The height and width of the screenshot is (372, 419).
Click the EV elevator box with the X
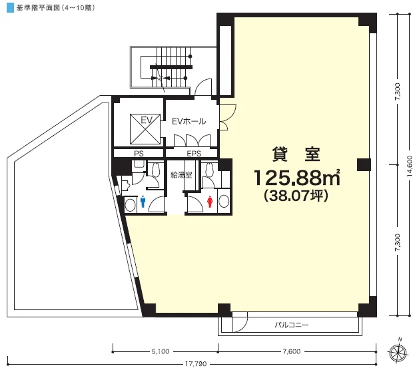click(145, 129)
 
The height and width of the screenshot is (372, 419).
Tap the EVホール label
click(189, 121)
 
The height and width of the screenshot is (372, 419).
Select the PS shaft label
click(139, 154)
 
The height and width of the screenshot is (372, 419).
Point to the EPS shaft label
click(194, 154)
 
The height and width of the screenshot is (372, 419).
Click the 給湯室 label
click(181, 175)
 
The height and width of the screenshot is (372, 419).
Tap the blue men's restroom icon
click(143, 202)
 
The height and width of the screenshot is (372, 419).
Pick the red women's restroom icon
click(210, 202)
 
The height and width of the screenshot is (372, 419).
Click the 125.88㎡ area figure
click(296, 178)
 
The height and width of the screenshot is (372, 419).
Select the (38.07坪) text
click(296, 196)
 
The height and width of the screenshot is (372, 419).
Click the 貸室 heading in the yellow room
click(296, 154)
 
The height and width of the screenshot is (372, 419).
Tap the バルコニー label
click(292, 325)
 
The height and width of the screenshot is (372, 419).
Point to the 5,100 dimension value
click(161, 351)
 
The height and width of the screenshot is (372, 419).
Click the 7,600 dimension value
click(292, 351)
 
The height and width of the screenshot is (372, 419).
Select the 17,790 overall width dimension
click(196, 364)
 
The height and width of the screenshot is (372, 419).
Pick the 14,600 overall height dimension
click(409, 166)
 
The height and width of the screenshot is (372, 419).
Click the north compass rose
click(398, 353)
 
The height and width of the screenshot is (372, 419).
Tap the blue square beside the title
click(10, 8)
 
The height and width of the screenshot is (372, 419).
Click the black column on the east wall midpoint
click(364, 164)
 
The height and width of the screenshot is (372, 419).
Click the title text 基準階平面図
click(38, 8)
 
